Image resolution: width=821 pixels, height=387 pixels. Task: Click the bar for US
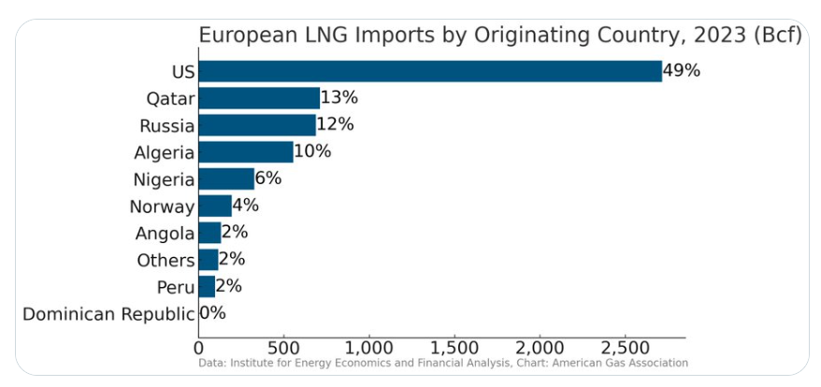point(430,71)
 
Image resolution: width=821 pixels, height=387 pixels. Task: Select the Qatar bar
point(259,98)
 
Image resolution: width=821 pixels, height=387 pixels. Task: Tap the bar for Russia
point(257,125)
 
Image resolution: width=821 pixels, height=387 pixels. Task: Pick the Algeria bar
point(246,152)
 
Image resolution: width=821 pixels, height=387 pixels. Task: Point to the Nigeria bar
point(226,179)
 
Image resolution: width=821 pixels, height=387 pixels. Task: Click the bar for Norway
point(215,207)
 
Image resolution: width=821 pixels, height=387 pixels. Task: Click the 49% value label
point(682,71)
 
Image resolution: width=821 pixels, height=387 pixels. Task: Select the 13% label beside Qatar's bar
point(339,98)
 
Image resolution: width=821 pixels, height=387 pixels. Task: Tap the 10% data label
point(312,152)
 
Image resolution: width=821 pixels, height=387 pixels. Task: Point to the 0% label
point(213,314)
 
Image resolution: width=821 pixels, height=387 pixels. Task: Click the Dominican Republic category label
point(108,314)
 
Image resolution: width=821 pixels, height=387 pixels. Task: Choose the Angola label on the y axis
point(165,234)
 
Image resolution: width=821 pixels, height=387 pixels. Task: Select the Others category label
point(166,261)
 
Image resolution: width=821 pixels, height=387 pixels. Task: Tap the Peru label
point(175,287)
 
